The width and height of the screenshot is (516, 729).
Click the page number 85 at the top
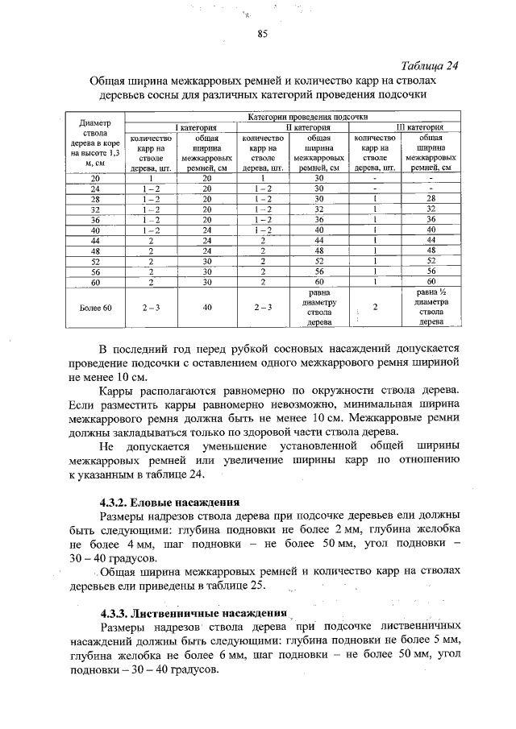pos(262,34)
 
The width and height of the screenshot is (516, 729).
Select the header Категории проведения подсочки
pos(297,118)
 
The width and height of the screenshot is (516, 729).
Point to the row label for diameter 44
pos(96,240)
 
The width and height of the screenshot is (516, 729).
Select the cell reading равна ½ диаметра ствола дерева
pos(430,307)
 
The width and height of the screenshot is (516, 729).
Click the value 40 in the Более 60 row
pos(207,307)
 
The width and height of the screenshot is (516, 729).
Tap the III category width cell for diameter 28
pos(430,198)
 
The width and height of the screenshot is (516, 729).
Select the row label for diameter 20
pos(96,177)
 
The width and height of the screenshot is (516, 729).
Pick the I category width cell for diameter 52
pos(207,261)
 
